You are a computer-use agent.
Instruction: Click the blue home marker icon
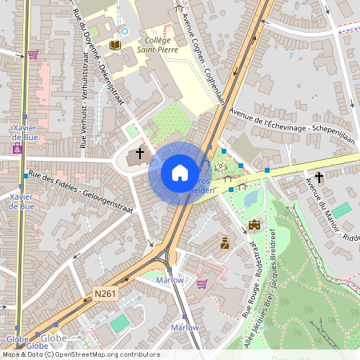pyautogui.click(x=179, y=172)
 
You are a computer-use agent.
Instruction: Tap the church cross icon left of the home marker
pyautogui.click(x=139, y=152)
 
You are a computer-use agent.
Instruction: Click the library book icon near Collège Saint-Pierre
pyautogui.click(x=115, y=45)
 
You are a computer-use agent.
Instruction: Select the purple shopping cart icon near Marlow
pyautogui.click(x=202, y=282)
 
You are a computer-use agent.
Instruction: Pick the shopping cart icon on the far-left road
pyautogui.click(x=33, y=54)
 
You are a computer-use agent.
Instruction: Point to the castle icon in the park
pyautogui.click(x=254, y=226)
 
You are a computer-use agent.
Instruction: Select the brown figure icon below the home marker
pyautogui.click(x=225, y=242)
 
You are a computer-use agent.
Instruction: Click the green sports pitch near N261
pyautogui.click(x=118, y=323)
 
